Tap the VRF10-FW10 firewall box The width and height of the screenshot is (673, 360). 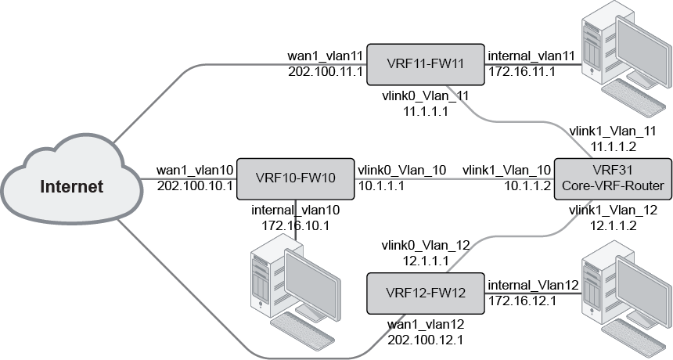[x=295, y=178]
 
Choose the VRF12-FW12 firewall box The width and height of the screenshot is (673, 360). [x=426, y=293]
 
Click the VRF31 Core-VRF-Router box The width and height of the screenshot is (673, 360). [x=613, y=178]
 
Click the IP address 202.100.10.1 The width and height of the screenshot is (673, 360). [x=195, y=185]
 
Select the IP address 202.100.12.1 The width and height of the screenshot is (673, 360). [x=425, y=340]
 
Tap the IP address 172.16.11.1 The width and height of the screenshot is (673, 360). [x=521, y=72]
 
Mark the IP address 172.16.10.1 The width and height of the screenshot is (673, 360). [x=294, y=225]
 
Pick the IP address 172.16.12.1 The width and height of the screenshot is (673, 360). [x=521, y=301]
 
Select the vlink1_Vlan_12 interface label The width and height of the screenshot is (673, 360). [x=612, y=211]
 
